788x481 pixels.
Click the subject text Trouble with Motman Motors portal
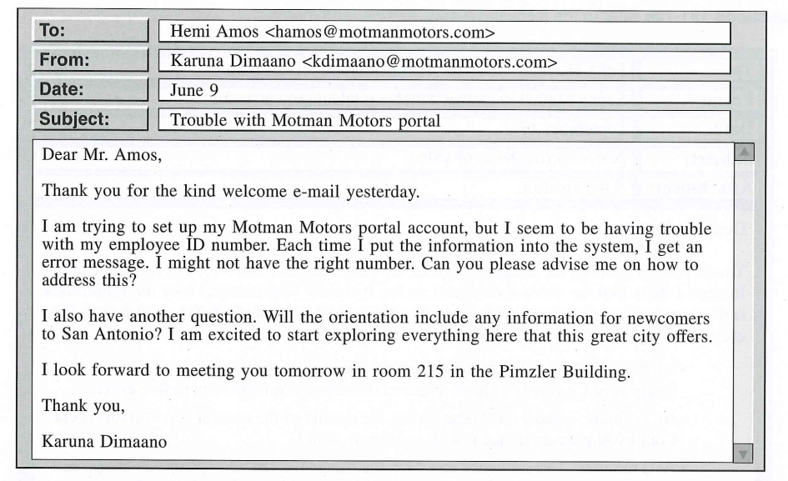305,119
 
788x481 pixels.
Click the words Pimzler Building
570,373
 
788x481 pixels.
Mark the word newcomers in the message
665,318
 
